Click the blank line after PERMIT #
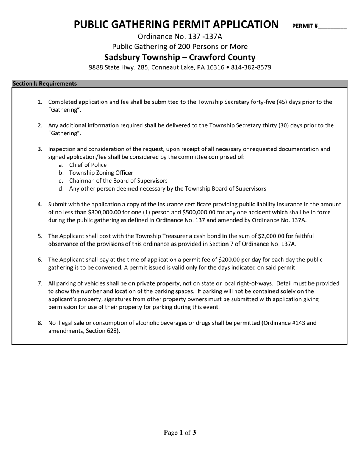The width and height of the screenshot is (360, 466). pos(332,27)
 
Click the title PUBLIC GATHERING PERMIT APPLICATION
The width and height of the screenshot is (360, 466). pos(176,25)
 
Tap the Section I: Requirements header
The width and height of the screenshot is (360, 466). pos(45,84)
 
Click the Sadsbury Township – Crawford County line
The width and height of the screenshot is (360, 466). pos(180,57)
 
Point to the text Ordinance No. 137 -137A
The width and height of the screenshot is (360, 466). pos(180,37)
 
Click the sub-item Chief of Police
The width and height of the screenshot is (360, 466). pos(88,165)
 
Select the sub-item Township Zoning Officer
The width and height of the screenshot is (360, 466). pos(101,173)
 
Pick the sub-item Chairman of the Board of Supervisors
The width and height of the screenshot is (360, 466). pos(118,181)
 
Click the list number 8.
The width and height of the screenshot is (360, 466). pos(40,323)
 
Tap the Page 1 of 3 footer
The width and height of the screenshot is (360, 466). pos(180,432)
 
